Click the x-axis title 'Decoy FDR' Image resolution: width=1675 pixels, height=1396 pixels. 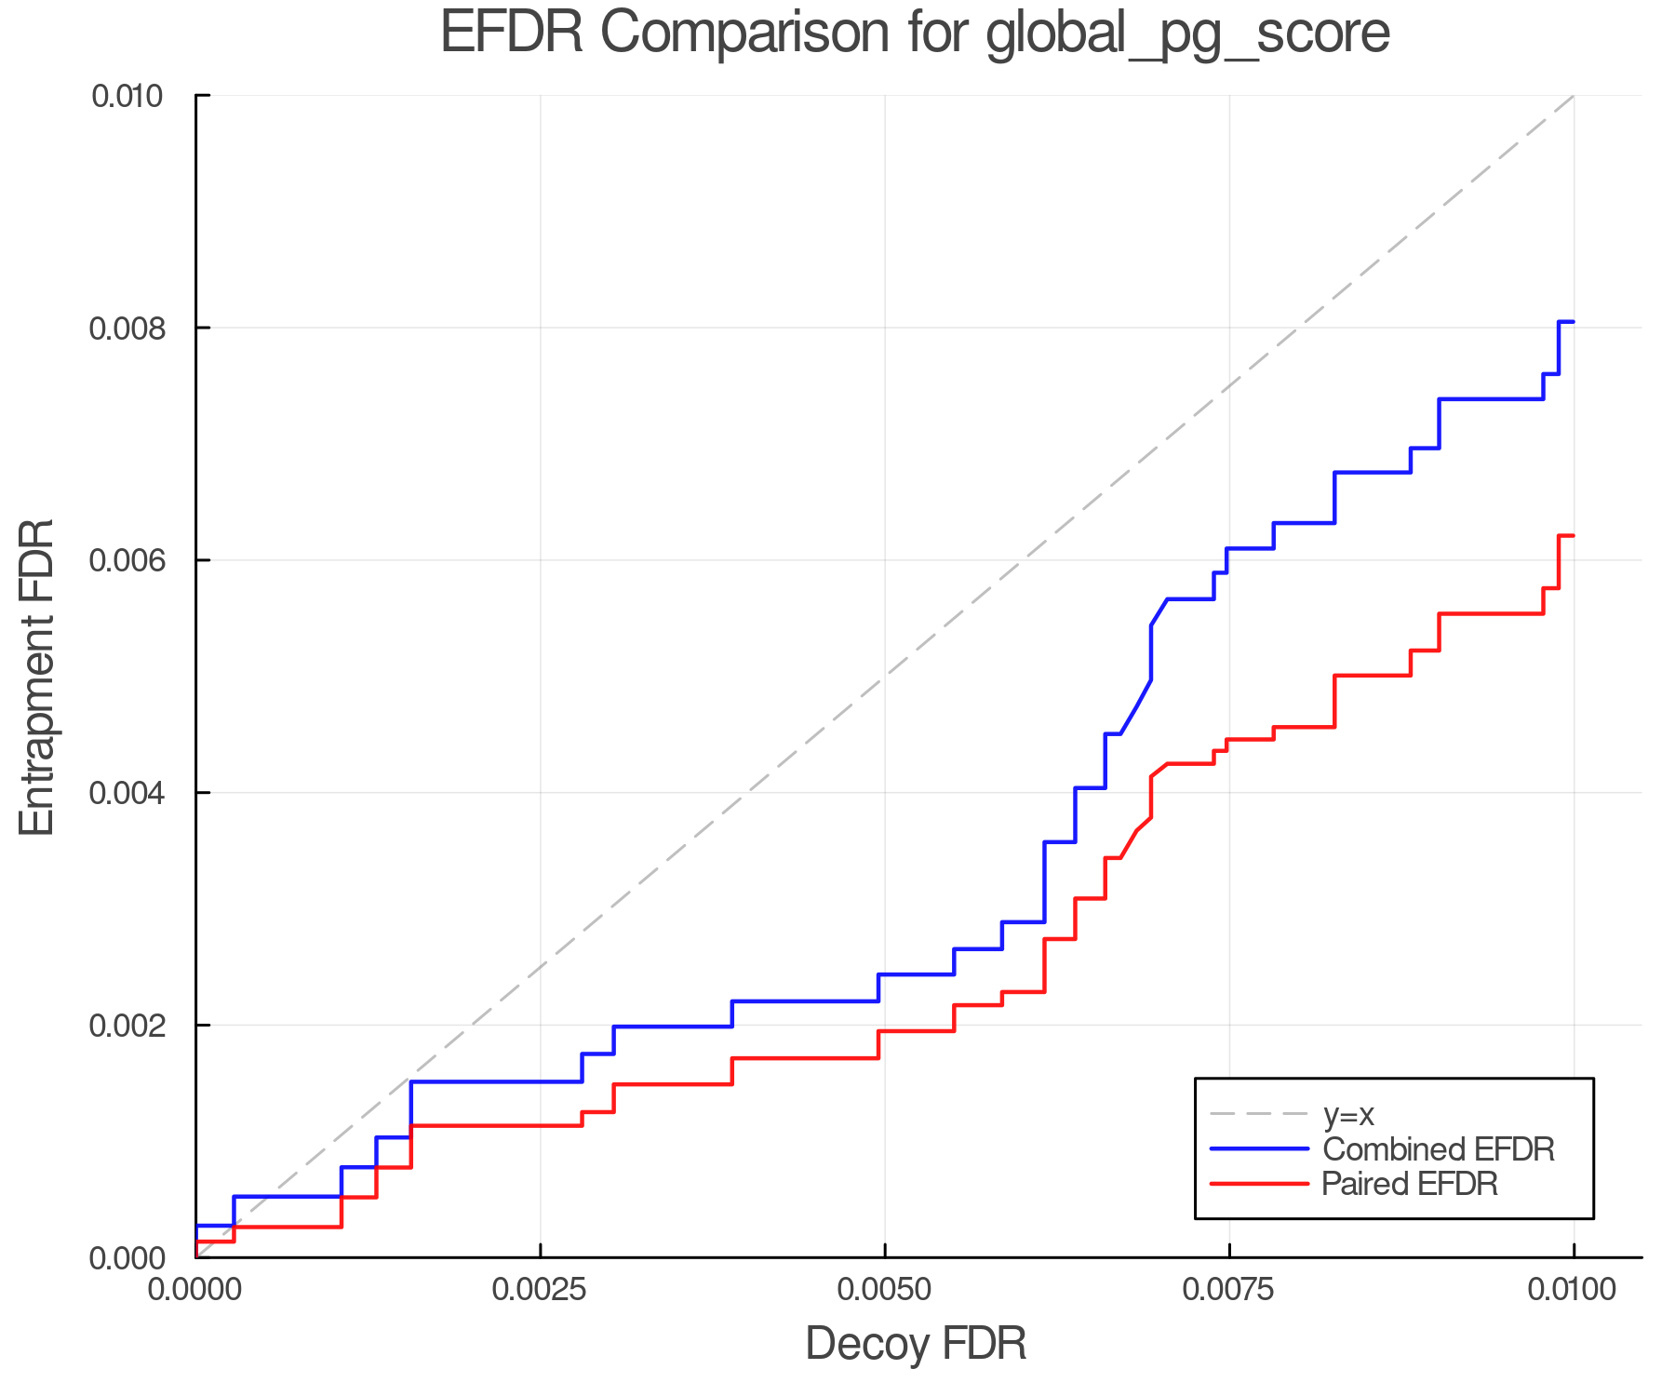pos(915,1344)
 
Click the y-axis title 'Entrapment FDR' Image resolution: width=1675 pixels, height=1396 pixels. pos(38,677)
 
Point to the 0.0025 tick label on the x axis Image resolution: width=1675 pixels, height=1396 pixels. pos(540,1289)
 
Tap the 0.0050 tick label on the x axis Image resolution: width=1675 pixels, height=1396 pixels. pos(884,1289)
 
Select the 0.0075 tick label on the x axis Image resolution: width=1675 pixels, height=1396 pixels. pos(1228,1289)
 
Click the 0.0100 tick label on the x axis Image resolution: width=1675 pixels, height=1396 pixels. pos(1573,1289)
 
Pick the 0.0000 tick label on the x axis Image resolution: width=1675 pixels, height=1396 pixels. pos(195,1289)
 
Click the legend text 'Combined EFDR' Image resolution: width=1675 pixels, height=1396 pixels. pos(1438,1149)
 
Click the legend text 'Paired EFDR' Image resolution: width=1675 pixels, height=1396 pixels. pos(1410,1184)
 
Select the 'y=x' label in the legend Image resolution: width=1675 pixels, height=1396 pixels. pos(1348,1114)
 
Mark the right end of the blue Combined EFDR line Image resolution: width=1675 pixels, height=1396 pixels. pos(1573,321)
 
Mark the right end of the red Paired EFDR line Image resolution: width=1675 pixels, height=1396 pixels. pos(1573,535)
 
